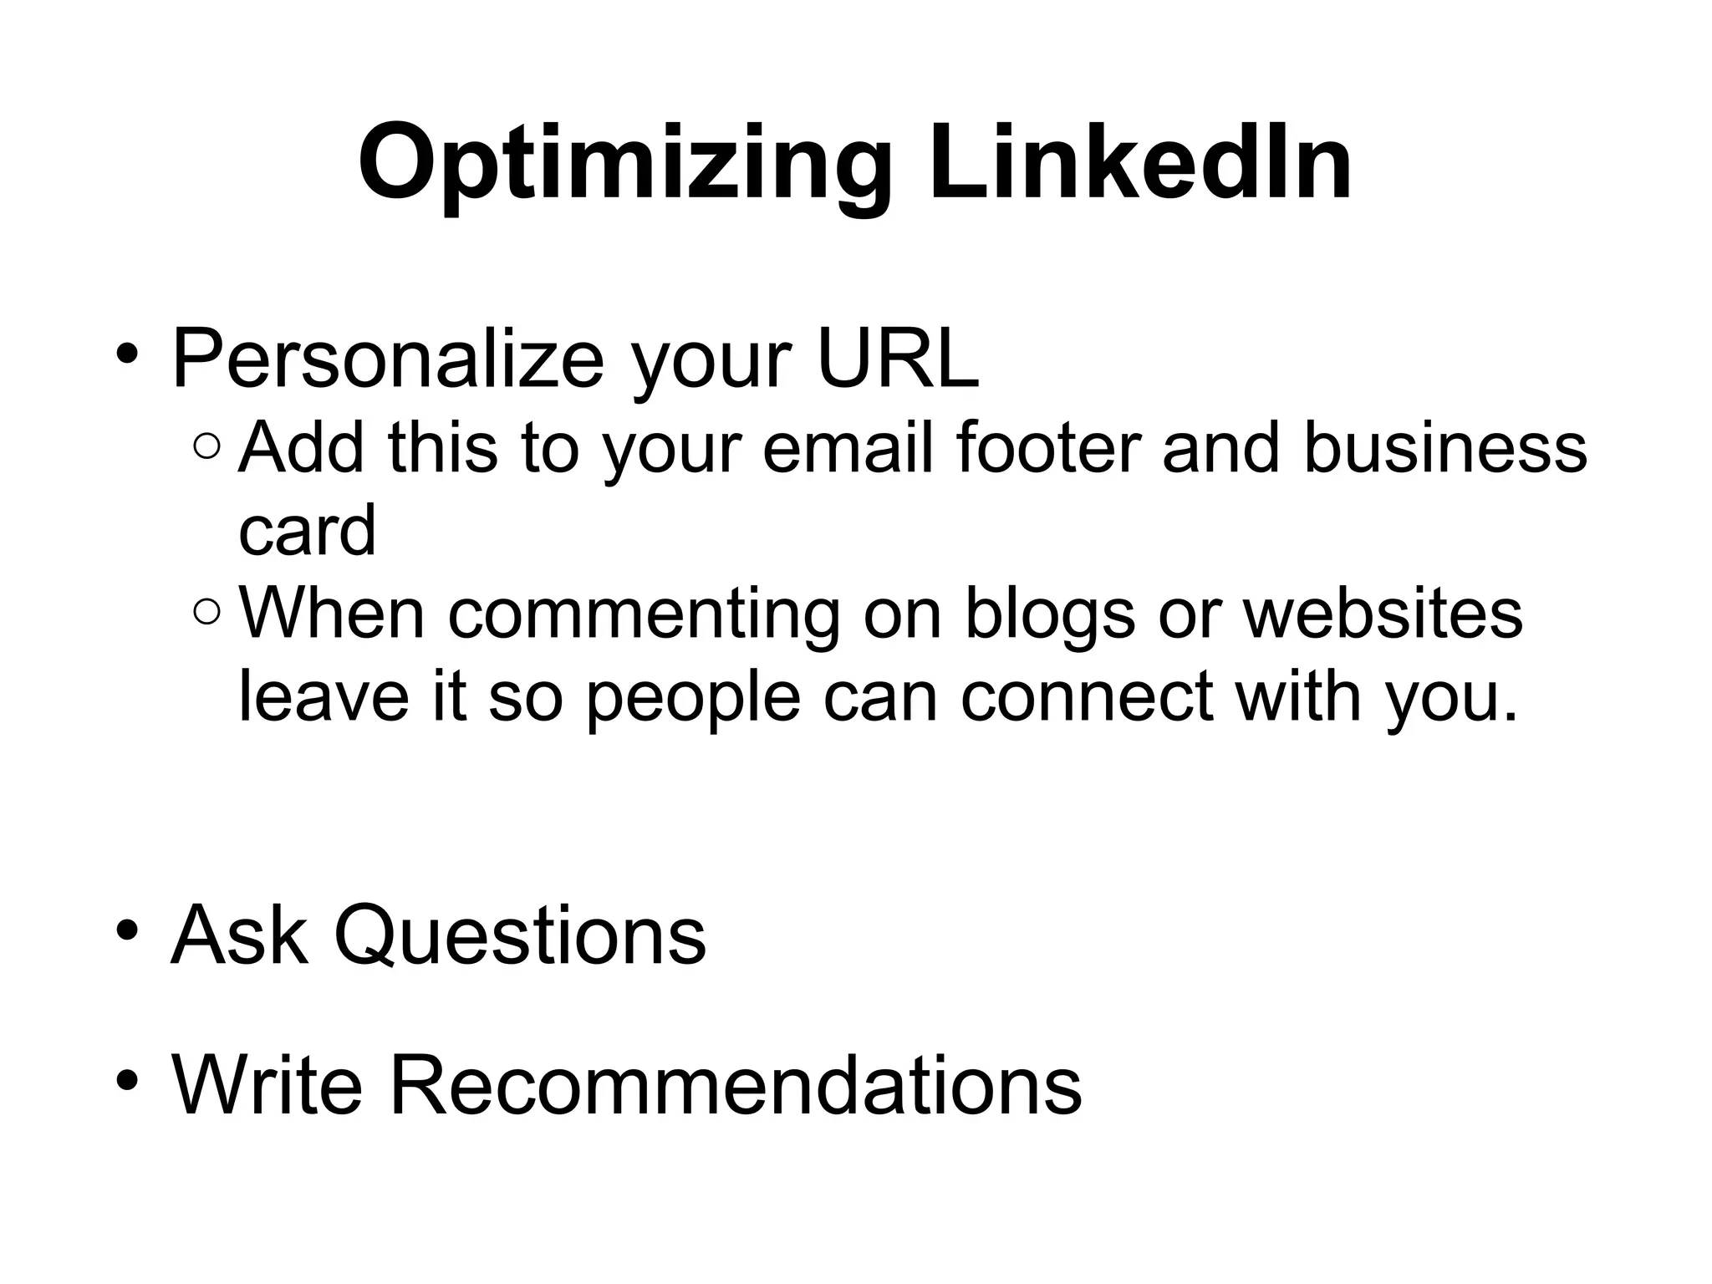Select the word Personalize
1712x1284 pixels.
(387, 359)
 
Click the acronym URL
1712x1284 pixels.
(897, 359)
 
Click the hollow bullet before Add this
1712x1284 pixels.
(206, 448)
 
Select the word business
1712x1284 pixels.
(1444, 448)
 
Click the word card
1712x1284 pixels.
(307, 531)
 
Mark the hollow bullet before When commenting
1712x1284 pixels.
(206, 614)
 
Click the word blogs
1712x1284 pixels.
(1050, 614)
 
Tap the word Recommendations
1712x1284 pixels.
(735, 1084)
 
